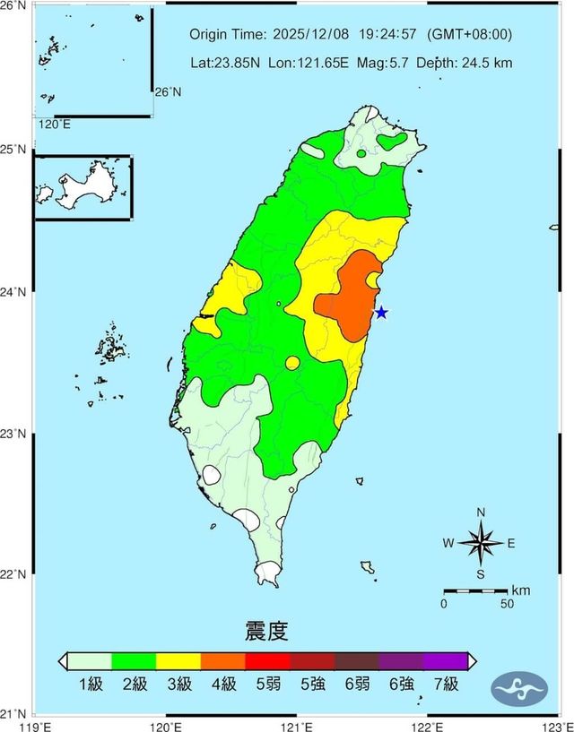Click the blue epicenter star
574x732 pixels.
(381, 313)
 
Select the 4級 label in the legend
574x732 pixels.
(223, 685)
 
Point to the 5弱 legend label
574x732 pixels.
(267, 685)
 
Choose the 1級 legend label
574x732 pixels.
(91, 685)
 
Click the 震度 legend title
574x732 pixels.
(266, 631)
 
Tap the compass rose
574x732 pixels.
(481, 543)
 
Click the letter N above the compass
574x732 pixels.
(481, 512)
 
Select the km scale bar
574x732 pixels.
(475, 591)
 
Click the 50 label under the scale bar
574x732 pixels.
(507, 604)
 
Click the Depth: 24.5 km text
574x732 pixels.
(467, 63)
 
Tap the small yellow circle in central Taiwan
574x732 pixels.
(292, 363)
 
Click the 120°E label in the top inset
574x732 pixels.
(54, 125)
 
